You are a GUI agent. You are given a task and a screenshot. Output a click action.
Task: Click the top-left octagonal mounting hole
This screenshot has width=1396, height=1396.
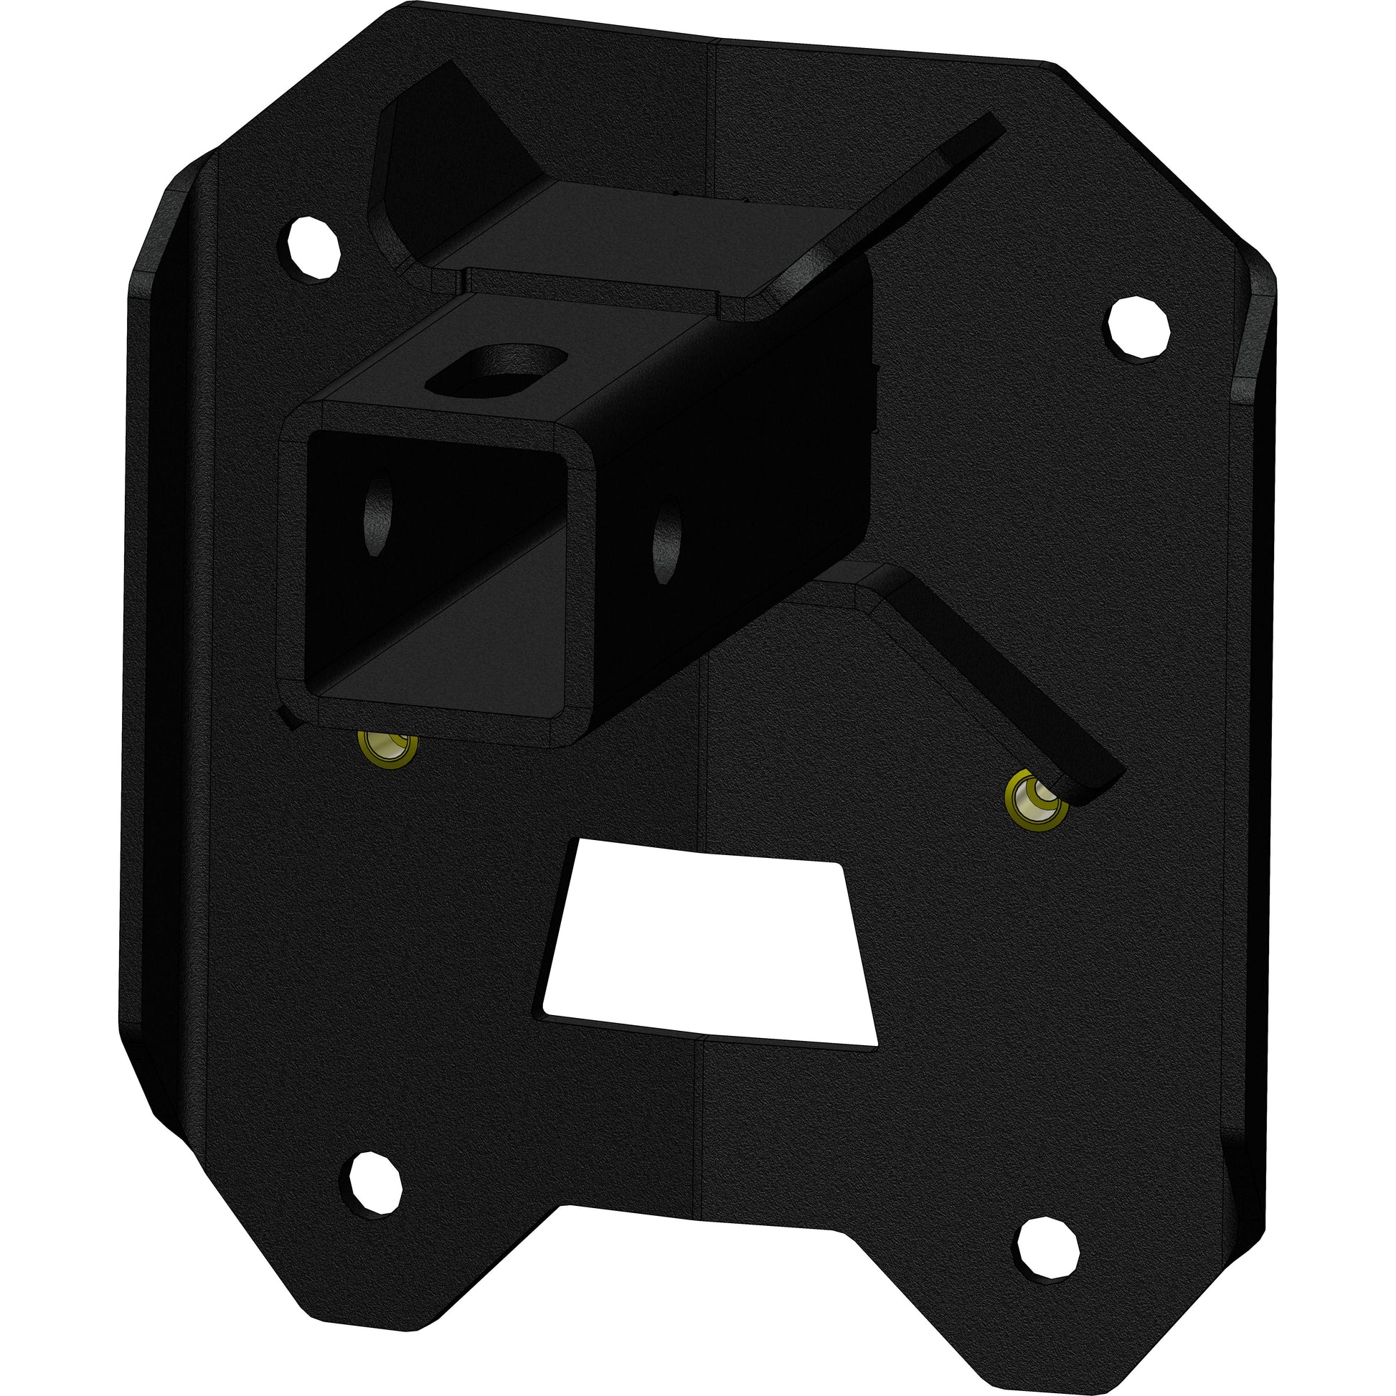coord(313,247)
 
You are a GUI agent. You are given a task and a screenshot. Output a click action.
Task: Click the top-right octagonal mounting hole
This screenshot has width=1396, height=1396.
coord(1138,326)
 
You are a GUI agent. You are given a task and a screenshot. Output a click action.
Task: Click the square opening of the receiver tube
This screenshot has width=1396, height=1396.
coord(433,564)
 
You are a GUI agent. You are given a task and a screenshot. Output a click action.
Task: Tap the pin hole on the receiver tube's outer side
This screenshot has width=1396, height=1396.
coord(666,541)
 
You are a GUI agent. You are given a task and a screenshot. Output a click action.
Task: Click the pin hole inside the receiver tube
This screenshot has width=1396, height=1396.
coord(378,510)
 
